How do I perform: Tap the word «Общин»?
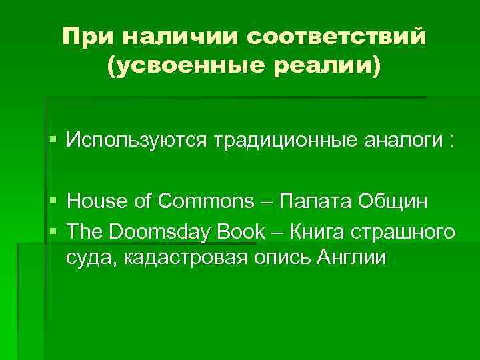(394, 201)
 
